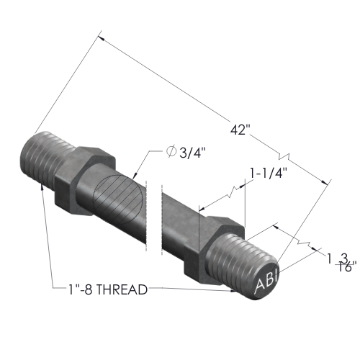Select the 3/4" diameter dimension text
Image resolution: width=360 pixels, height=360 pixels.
click(x=193, y=152)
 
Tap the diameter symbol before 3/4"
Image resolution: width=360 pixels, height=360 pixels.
click(x=171, y=151)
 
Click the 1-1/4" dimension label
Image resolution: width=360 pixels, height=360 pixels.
click(x=269, y=173)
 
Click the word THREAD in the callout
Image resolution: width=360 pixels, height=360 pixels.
click(x=122, y=289)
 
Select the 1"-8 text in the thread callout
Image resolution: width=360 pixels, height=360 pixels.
click(x=81, y=289)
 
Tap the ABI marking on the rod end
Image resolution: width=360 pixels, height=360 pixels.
click(x=266, y=282)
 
